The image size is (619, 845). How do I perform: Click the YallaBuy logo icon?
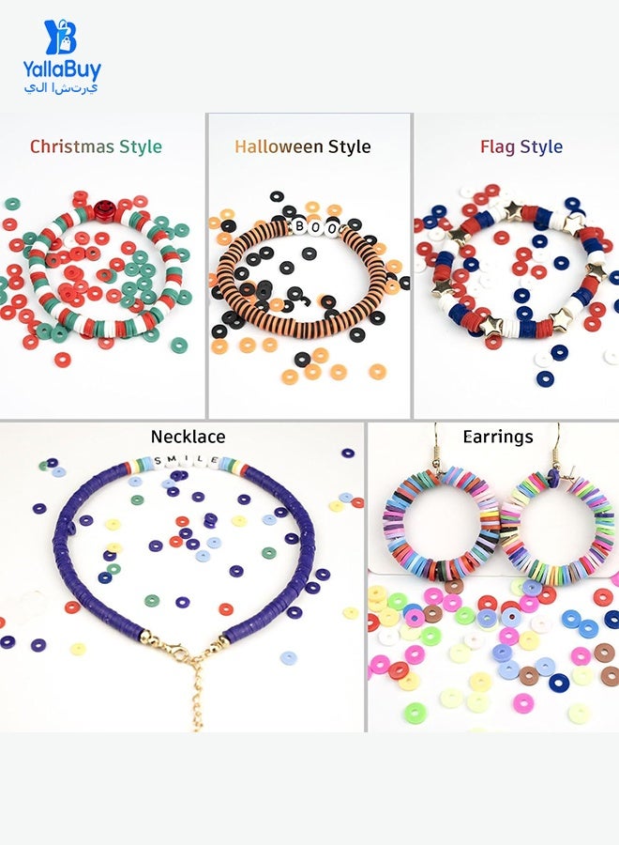[x=60, y=38]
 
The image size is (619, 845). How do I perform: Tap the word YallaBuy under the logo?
[x=61, y=70]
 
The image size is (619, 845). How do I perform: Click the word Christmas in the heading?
[x=71, y=146]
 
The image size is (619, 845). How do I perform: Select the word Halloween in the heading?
[x=279, y=146]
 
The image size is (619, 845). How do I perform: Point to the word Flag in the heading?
[x=497, y=147]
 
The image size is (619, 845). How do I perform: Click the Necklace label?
[x=188, y=437]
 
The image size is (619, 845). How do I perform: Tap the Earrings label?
[x=498, y=437]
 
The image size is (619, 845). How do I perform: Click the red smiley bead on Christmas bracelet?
[x=102, y=209]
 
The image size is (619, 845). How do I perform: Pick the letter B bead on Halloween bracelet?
[x=299, y=226]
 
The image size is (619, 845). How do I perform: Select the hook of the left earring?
[x=437, y=446]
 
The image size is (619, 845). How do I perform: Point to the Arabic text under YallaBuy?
[x=61, y=88]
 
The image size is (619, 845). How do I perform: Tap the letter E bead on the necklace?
[x=214, y=460]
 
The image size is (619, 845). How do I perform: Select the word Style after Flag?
[x=541, y=147]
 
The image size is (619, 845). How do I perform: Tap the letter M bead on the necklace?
[x=173, y=459]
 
